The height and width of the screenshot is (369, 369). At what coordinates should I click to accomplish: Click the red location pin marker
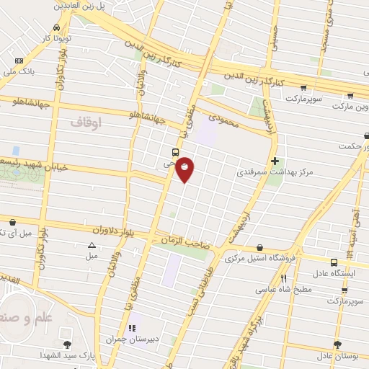[x=185, y=168]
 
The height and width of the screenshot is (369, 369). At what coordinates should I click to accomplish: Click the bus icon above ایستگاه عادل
[x=333, y=262]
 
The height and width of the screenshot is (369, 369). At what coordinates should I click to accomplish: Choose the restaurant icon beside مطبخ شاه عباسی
[x=284, y=278]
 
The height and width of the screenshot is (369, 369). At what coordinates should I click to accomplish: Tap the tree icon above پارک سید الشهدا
[x=67, y=344]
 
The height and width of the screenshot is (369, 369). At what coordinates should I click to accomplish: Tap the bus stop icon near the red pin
[x=175, y=152]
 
